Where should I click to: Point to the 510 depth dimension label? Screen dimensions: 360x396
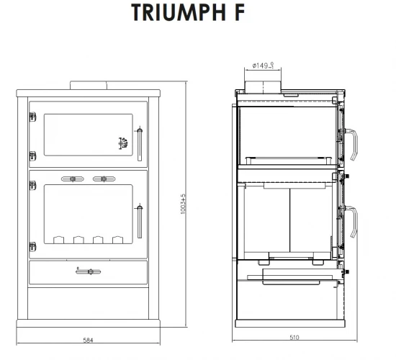[x=293, y=336]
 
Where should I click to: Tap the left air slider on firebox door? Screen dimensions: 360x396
[x=72, y=177]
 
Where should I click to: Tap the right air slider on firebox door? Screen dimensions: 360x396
[x=104, y=177]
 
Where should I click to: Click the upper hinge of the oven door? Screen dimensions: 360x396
[x=31, y=114]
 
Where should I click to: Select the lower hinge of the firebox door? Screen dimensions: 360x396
[x=31, y=247]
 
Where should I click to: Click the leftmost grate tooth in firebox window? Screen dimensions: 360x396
[x=58, y=239]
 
